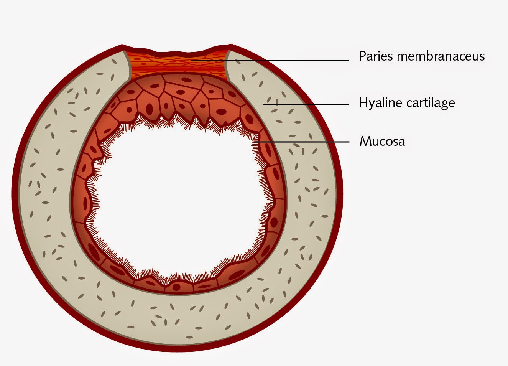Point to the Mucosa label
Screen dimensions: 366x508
pos(382,141)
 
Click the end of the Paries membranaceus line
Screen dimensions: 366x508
pos(192,60)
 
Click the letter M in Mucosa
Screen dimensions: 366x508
pos(365,141)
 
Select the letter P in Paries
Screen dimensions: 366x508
pos(362,56)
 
